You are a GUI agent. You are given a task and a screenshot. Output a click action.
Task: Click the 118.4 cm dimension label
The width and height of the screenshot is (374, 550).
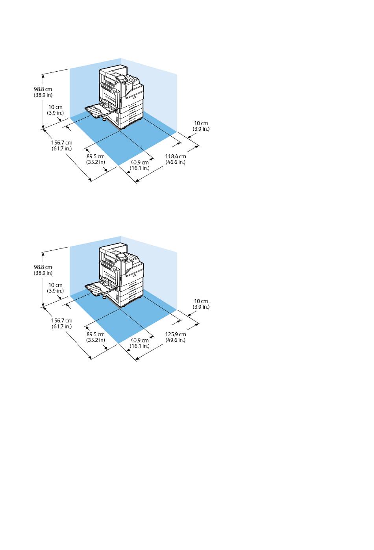pos(176,156)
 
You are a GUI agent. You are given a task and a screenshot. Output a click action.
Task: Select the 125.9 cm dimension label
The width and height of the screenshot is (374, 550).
pos(176,334)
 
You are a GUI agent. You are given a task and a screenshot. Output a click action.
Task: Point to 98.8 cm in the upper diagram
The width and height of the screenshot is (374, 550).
pos(43,89)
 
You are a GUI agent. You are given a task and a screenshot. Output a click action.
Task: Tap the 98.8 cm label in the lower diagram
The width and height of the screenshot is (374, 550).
pos(43,267)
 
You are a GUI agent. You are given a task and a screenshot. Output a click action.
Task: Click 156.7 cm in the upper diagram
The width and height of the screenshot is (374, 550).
pos(62,143)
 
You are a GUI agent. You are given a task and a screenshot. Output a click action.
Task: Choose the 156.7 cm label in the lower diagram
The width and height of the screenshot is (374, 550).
pos(62,320)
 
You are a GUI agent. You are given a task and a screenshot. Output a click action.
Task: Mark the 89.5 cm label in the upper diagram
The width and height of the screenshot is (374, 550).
pos(96,156)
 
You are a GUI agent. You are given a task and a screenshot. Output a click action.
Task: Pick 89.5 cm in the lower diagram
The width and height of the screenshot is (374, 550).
pos(96,334)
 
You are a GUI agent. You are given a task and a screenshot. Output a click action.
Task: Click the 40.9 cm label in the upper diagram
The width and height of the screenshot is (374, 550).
pos(140,162)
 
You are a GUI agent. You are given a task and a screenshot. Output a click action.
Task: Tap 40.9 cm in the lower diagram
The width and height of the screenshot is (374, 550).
pos(140,340)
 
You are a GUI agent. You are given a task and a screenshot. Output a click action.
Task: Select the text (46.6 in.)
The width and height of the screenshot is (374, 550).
pos(176,162)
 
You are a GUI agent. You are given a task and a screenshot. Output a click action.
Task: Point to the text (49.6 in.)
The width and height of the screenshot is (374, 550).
pos(176,340)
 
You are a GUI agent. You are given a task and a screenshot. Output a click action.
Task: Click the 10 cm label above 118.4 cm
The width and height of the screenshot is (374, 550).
pos(201,123)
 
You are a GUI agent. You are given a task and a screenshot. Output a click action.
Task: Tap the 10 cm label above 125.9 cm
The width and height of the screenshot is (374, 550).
pos(201,301)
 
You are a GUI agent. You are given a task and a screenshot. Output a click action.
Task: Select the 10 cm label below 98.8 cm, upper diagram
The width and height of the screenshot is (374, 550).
pos(56,107)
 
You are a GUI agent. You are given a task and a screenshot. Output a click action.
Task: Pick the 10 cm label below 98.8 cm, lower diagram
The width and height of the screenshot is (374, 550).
pos(56,285)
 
